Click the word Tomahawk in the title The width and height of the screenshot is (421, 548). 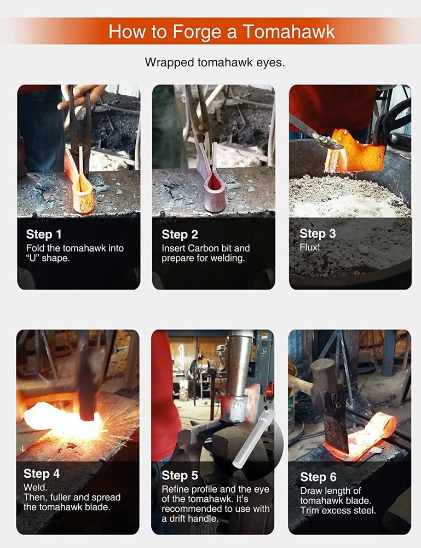(x=289, y=31)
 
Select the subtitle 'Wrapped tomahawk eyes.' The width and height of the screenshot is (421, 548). (x=215, y=62)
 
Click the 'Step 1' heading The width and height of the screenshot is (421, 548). (x=44, y=234)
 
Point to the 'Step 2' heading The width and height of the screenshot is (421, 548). (x=180, y=235)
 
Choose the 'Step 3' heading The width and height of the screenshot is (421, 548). (x=318, y=233)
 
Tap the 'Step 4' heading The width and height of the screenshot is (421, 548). (x=42, y=473)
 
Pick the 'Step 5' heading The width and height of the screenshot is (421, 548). (x=180, y=475)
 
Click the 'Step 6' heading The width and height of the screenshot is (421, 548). (x=319, y=477)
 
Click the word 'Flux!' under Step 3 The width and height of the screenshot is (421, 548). (x=310, y=247)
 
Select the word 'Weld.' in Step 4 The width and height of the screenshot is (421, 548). (x=35, y=487)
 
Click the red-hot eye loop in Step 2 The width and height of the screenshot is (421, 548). (x=214, y=193)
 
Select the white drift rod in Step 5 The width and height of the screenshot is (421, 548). (x=253, y=438)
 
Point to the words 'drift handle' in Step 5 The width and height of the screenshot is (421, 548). (x=195, y=519)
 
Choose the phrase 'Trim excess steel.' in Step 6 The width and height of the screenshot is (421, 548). (x=338, y=511)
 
